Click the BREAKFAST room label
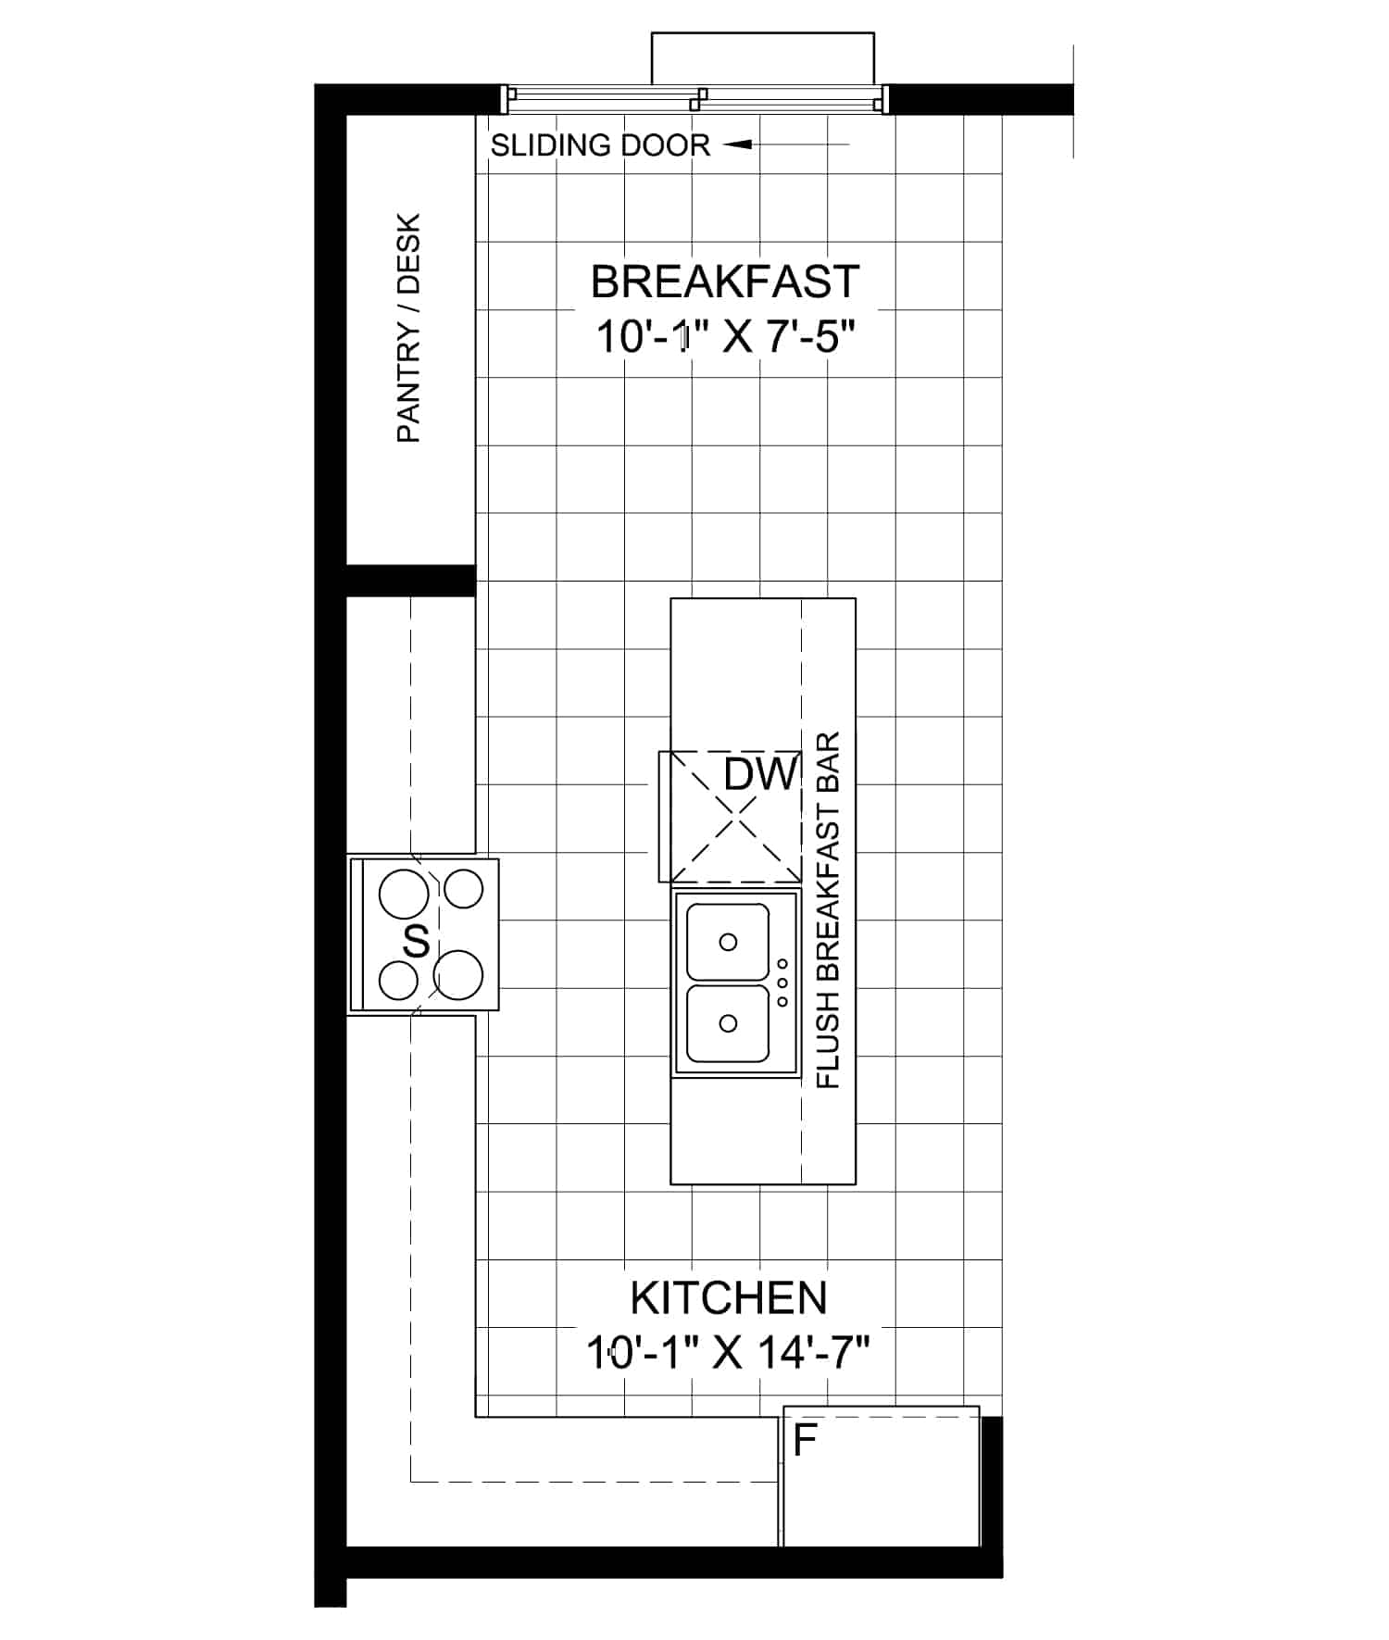click(x=725, y=282)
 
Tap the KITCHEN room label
click(x=729, y=1298)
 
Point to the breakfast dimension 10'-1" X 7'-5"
click(x=723, y=336)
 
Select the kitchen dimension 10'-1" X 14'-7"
click(x=728, y=1352)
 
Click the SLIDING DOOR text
click(x=600, y=145)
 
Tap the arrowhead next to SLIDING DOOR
click(x=737, y=144)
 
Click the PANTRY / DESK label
click(x=408, y=328)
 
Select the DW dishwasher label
click(x=760, y=774)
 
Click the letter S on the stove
click(x=417, y=942)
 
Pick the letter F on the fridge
click(x=805, y=1441)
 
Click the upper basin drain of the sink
click(x=728, y=943)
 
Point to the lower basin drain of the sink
click(x=728, y=1023)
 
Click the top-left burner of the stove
click(x=404, y=895)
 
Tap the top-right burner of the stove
click(x=464, y=890)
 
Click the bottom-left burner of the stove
click(x=398, y=980)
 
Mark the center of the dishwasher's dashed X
click(x=737, y=817)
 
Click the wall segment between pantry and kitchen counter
click(x=411, y=581)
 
